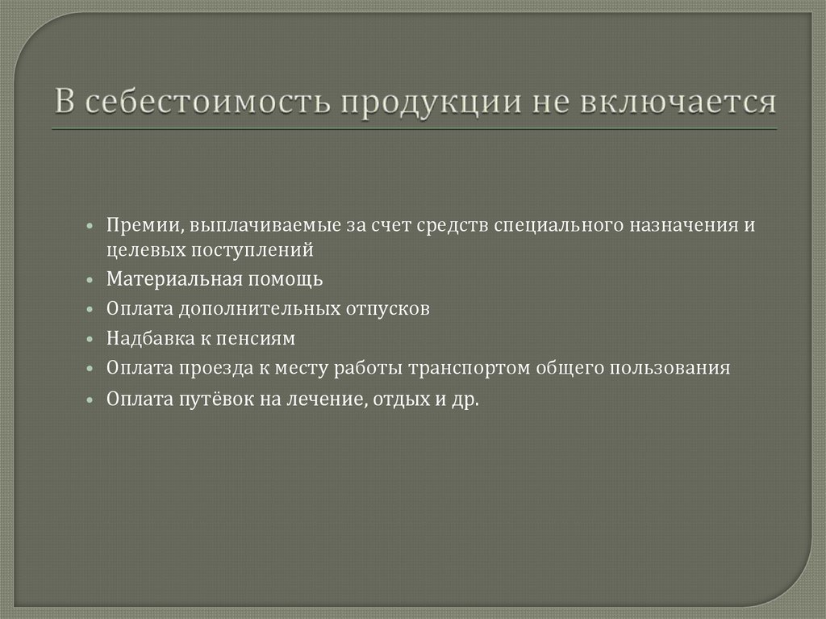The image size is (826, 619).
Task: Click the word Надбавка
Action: (x=141, y=339)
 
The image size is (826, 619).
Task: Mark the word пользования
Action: (x=682, y=368)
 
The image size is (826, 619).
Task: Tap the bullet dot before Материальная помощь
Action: (x=93, y=280)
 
